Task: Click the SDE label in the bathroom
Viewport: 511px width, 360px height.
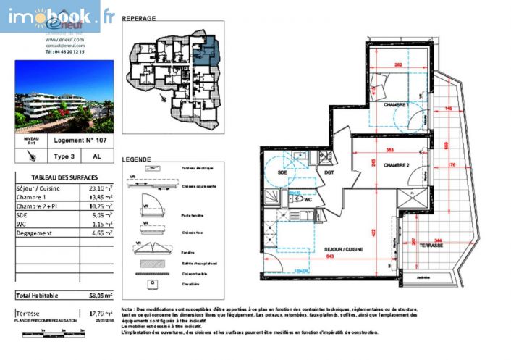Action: pyautogui.click(x=282, y=172)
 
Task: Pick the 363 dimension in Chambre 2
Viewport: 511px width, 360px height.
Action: pyautogui.click(x=389, y=150)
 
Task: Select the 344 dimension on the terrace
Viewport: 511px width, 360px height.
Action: pyautogui.click(x=437, y=240)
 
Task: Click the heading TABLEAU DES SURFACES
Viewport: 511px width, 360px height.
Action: pyautogui.click(x=64, y=177)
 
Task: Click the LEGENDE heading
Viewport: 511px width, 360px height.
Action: pyautogui.click(x=136, y=159)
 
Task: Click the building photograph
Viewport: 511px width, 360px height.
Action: pyautogui.click(x=64, y=96)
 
